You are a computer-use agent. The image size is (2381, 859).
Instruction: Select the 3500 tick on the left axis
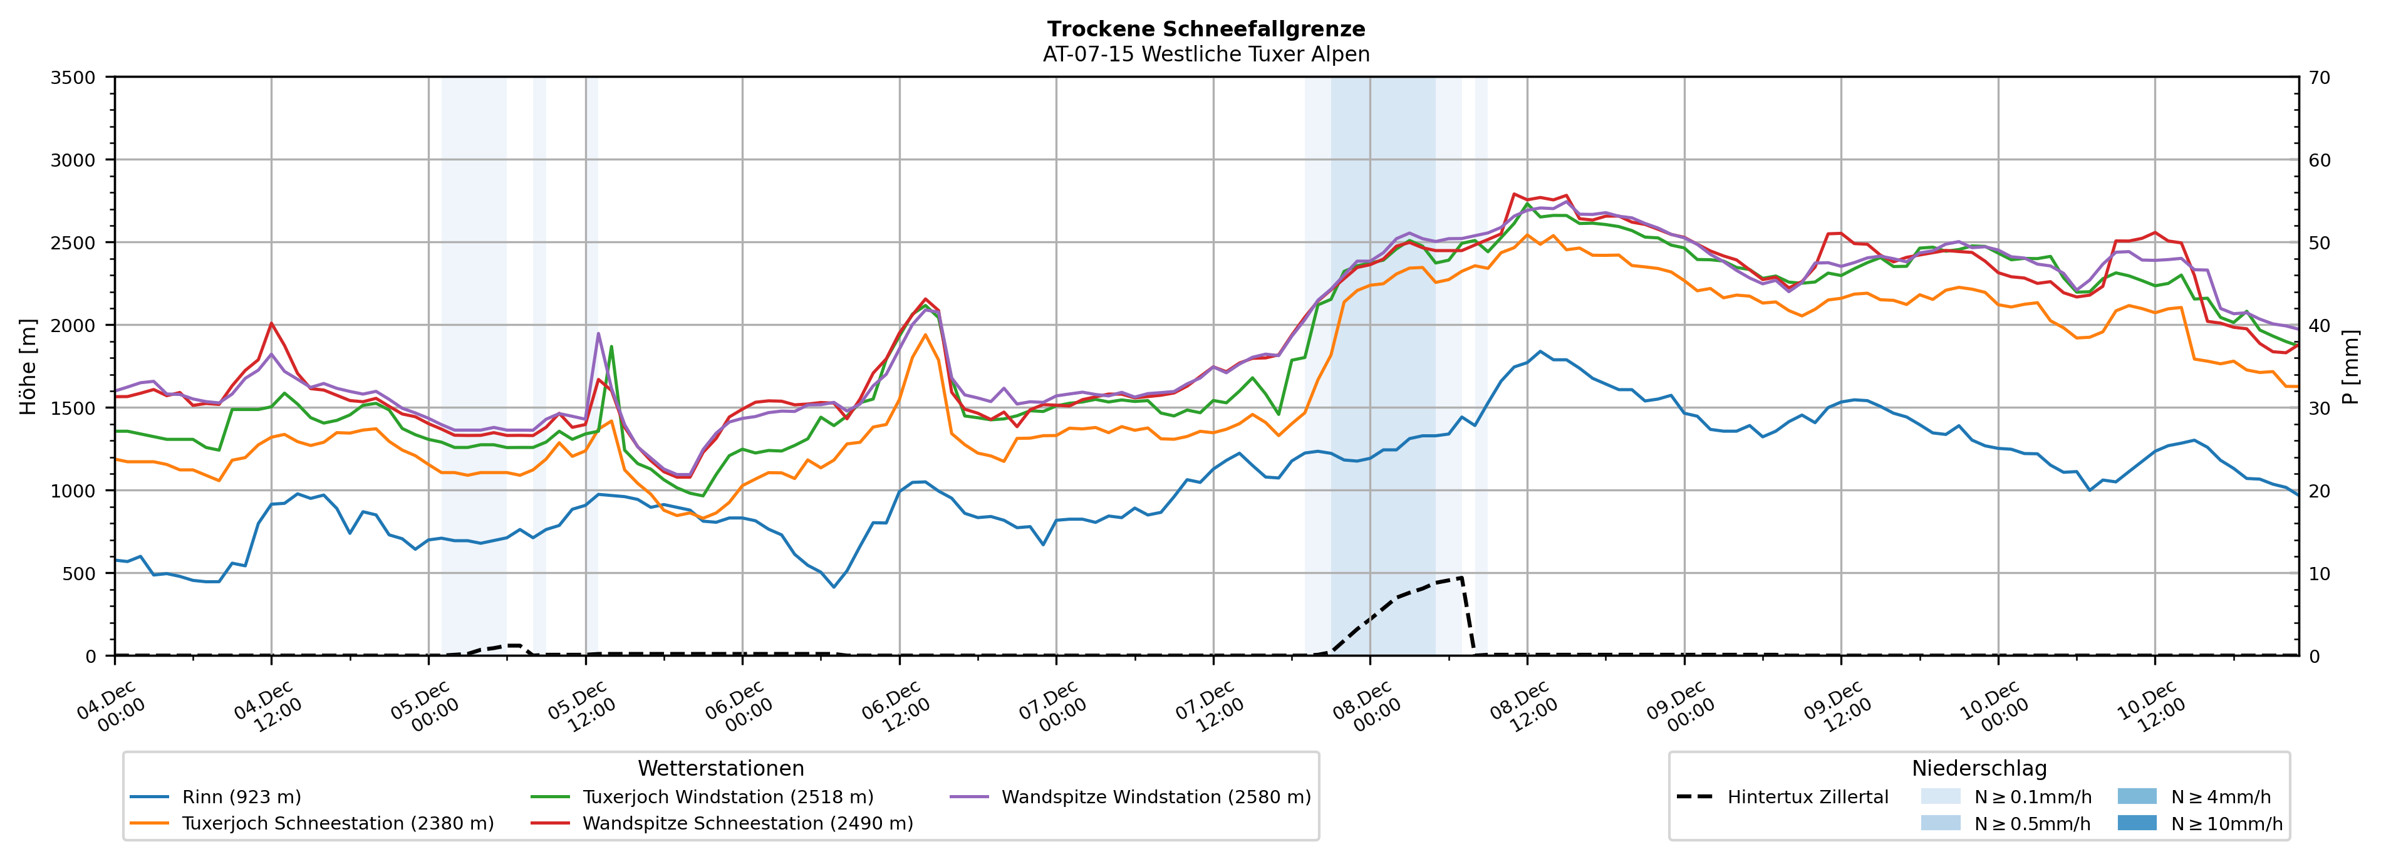coord(73,78)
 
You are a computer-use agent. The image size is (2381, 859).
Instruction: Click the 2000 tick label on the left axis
coord(73,325)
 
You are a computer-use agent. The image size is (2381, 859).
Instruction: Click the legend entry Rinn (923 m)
coord(241,797)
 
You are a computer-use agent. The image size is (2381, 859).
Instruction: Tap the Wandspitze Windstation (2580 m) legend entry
coord(1155,797)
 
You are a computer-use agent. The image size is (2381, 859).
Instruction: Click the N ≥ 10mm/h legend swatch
coord(2136,823)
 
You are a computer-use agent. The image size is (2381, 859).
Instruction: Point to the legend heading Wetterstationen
coord(721,768)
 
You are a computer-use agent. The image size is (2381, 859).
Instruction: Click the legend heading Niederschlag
coord(1979,768)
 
